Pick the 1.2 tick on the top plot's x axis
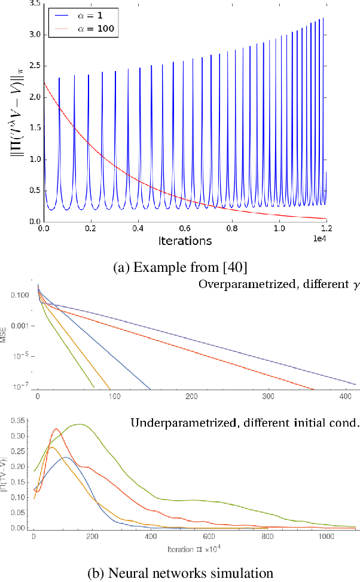coord(326,229)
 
